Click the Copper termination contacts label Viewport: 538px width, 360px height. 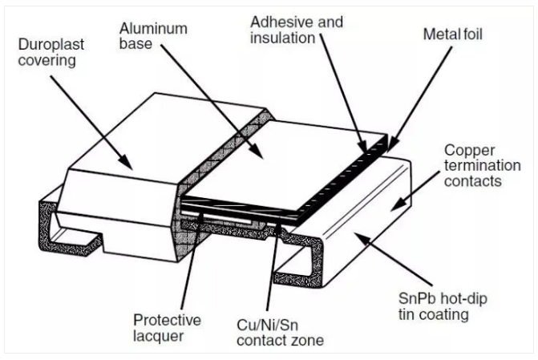click(x=474, y=167)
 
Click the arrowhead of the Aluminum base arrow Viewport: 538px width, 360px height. click(x=257, y=156)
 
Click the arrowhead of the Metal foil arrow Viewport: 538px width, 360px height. click(x=390, y=150)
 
